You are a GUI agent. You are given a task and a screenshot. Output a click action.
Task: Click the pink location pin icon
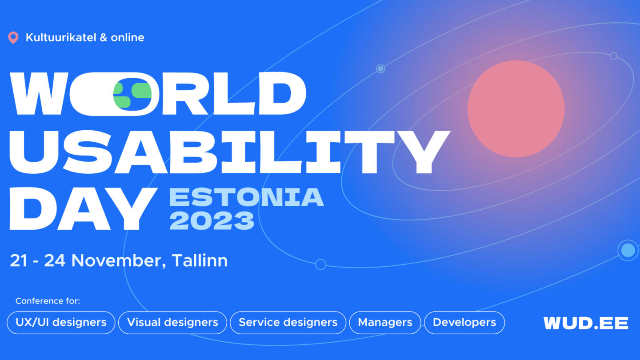tap(13, 37)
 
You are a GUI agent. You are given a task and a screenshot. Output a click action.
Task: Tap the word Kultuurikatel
tap(61, 37)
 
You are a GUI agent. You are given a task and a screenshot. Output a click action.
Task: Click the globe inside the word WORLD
tap(132, 94)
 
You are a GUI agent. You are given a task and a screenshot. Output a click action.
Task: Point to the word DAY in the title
tap(83, 208)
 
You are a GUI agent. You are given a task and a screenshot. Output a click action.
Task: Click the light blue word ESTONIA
tap(247, 197)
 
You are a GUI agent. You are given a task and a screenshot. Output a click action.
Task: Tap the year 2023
tap(212, 220)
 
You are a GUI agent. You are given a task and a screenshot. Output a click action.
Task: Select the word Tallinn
tap(200, 260)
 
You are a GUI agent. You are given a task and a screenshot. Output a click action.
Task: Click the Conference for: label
tap(48, 301)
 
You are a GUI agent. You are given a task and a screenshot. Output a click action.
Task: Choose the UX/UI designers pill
tap(61, 323)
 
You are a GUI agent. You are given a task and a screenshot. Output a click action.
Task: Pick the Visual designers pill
tap(172, 323)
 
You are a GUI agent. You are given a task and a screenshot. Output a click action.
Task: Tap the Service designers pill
tap(288, 323)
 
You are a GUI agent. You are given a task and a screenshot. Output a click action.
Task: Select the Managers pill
tap(385, 323)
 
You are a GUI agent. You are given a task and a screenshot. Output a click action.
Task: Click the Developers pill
tap(464, 323)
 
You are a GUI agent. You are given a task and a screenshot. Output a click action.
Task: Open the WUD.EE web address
tap(586, 323)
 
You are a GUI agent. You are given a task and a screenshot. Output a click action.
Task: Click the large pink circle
tap(516, 109)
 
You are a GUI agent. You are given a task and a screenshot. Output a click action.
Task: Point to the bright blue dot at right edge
tap(628, 250)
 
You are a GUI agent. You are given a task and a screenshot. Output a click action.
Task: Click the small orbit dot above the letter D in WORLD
tap(380, 69)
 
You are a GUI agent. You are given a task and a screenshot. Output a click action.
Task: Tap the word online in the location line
tap(128, 37)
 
